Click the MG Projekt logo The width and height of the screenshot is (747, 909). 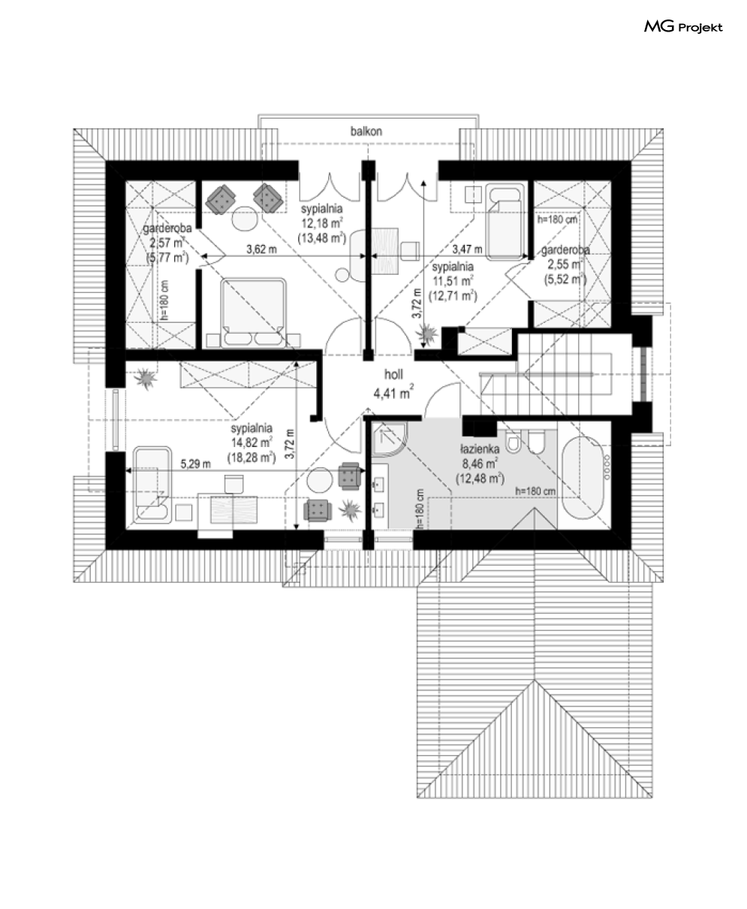[683, 27]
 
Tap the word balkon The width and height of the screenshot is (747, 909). [366, 131]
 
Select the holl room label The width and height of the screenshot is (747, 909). [393, 375]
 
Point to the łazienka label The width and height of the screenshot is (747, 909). [480, 449]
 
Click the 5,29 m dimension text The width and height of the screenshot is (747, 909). [196, 464]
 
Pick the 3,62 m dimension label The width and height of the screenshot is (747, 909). [261, 249]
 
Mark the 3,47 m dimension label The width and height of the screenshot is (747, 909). [467, 249]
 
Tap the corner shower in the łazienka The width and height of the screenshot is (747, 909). [389, 439]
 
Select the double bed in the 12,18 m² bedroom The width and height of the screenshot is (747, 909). [254, 312]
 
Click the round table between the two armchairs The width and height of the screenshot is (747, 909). [245, 219]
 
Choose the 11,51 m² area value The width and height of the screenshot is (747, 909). [453, 282]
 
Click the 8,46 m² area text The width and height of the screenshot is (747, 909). [480, 464]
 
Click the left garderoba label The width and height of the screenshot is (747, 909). [167, 228]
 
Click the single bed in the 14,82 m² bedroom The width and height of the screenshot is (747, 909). [152, 485]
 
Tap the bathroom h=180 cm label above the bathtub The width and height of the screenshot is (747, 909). [535, 491]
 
